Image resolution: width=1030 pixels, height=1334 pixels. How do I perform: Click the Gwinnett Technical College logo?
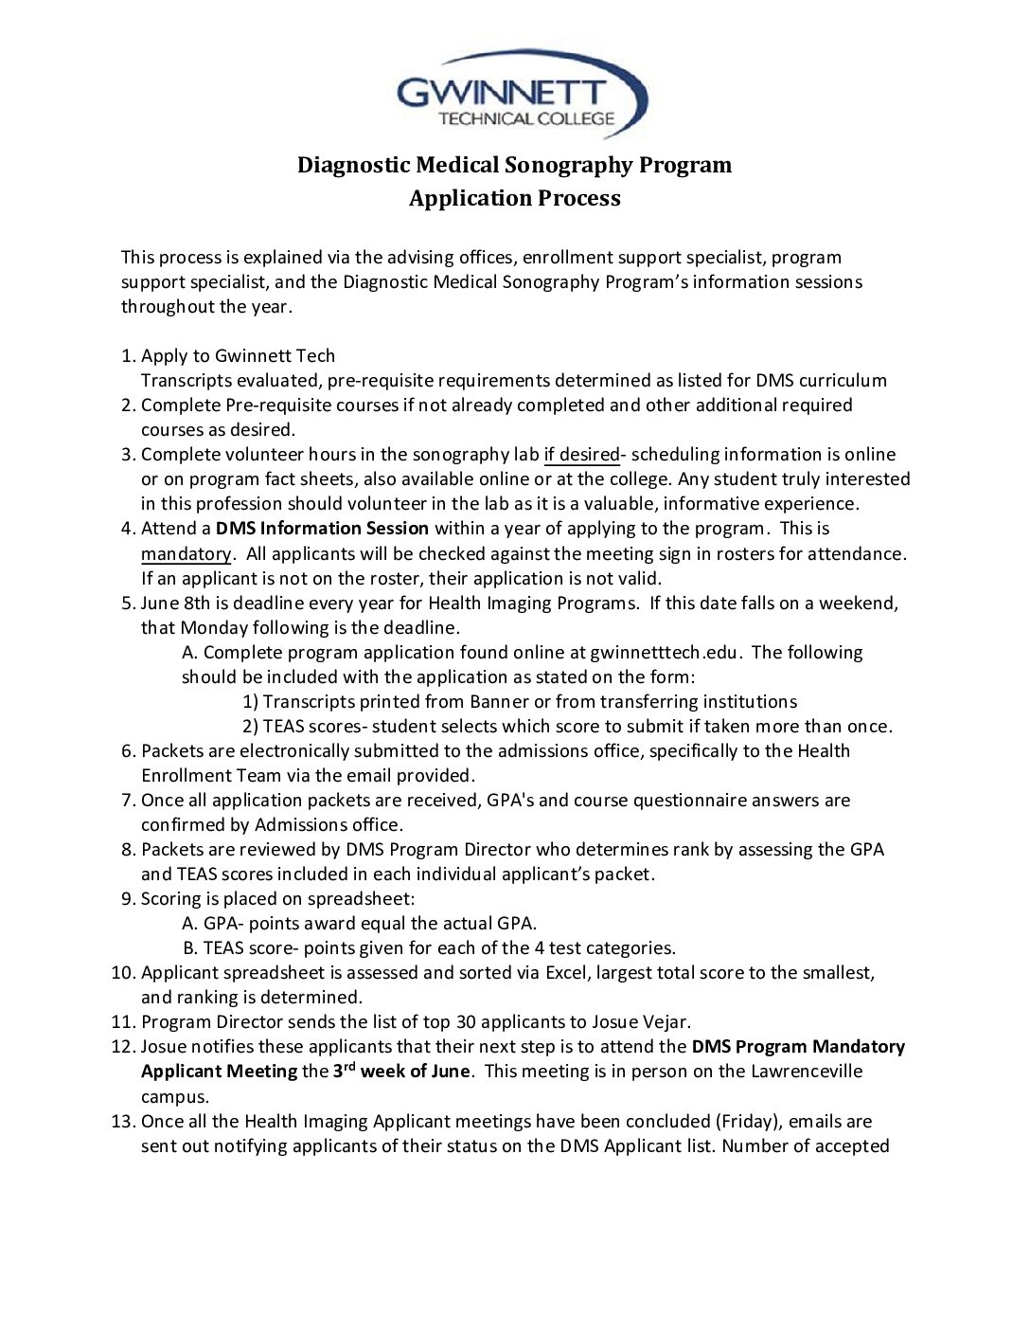click(x=521, y=95)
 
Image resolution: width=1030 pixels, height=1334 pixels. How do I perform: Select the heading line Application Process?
click(x=514, y=198)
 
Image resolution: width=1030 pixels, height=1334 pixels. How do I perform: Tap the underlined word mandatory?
click(x=186, y=554)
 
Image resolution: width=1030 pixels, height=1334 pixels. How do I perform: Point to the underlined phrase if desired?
click(x=581, y=455)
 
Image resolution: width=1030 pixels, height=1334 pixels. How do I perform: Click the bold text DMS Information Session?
click(x=322, y=529)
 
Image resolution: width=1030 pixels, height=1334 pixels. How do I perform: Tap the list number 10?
click(x=122, y=973)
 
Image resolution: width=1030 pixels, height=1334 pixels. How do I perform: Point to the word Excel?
click(x=565, y=973)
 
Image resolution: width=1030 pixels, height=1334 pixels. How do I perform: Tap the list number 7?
click(x=128, y=801)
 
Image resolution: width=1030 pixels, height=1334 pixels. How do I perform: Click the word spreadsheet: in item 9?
click(x=365, y=899)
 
